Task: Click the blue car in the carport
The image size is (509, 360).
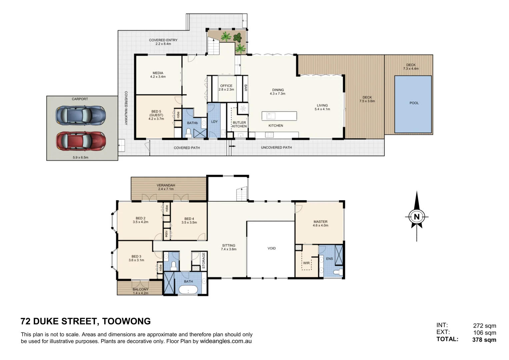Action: coord(81,115)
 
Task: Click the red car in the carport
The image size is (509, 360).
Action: coord(81,141)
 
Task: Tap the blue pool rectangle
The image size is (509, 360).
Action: coord(413,104)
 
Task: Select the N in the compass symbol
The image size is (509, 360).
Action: coord(417,217)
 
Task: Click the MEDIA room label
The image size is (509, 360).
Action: coord(158,73)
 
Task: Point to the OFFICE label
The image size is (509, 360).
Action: coord(226,86)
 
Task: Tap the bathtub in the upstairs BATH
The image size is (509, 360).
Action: coord(188,290)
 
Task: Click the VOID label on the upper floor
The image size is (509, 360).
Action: coord(272,248)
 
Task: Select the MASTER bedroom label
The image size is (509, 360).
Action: coord(320,222)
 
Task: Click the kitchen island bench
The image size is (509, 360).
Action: coord(279,116)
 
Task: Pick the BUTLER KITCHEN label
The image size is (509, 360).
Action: coord(239,124)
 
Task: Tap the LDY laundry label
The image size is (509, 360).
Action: coord(214,122)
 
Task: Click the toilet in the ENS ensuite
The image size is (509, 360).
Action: coord(338,272)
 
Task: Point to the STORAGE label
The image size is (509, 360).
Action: coord(204,260)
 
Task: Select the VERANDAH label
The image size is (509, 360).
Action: coord(166,185)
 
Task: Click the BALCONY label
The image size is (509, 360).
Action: coord(140,289)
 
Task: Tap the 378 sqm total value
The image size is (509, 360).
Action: coord(484,340)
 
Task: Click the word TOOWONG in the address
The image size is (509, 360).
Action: coord(126,321)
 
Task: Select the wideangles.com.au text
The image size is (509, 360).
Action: coord(226,341)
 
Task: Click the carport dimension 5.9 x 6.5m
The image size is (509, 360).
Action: coord(80,157)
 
